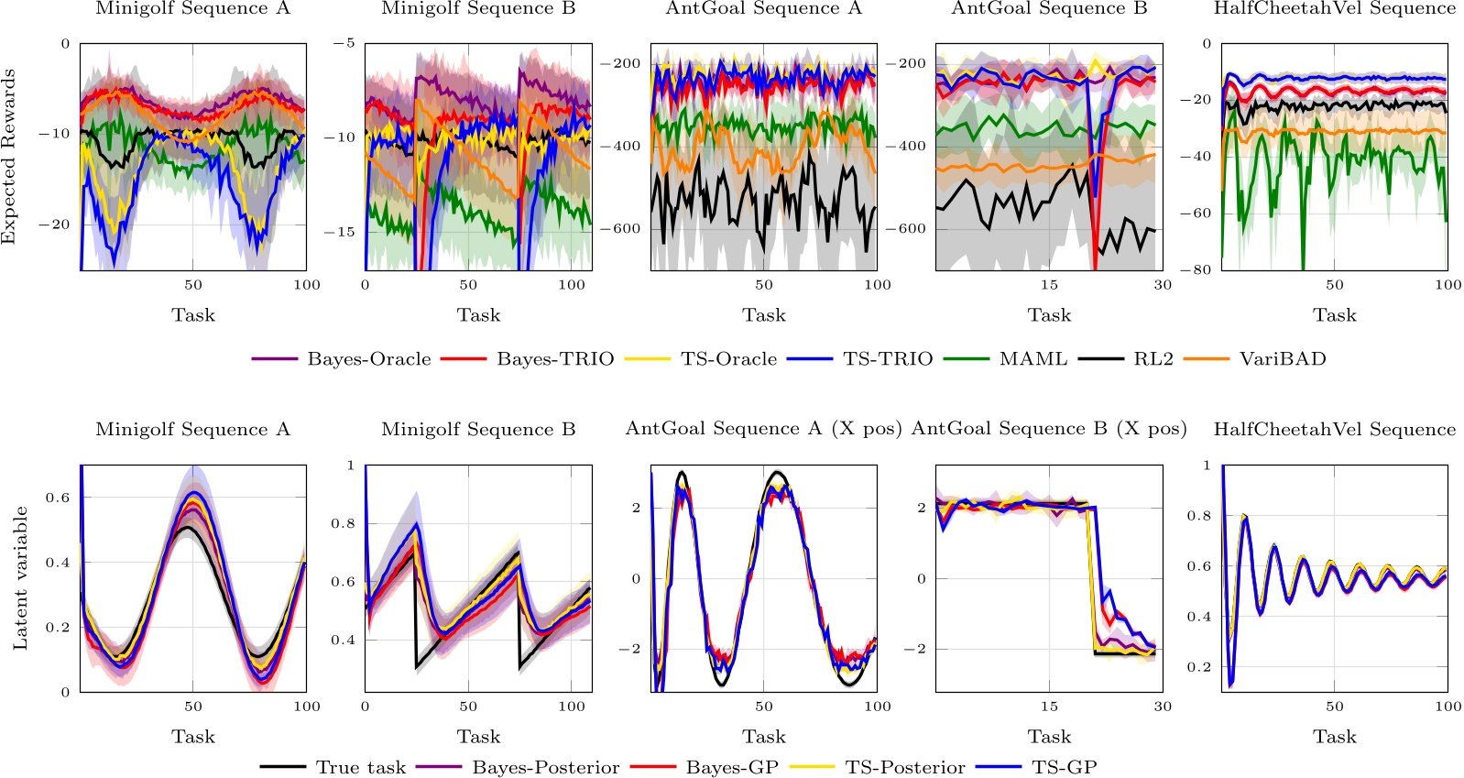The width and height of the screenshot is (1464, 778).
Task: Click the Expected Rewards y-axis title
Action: click(10, 158)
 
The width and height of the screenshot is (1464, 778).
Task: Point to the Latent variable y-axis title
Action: click(20, 578)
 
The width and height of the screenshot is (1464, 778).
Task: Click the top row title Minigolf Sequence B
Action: click(478, 9)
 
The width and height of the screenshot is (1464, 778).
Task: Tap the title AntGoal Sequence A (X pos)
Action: click(763, 429)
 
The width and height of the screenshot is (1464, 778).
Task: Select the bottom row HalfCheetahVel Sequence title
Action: click(1334, 430)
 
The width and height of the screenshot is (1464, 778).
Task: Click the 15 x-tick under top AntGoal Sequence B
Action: click(1049, 285)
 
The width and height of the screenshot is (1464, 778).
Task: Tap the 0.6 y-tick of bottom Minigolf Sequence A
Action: click(58, 498)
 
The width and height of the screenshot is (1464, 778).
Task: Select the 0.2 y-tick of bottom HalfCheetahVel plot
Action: click(1199, 667)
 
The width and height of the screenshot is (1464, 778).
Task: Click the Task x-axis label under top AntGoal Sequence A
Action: click(763, 315)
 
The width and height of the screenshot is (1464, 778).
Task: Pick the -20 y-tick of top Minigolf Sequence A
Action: click(54, 225)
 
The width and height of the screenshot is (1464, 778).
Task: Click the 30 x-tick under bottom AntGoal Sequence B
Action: click(1162, 707)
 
